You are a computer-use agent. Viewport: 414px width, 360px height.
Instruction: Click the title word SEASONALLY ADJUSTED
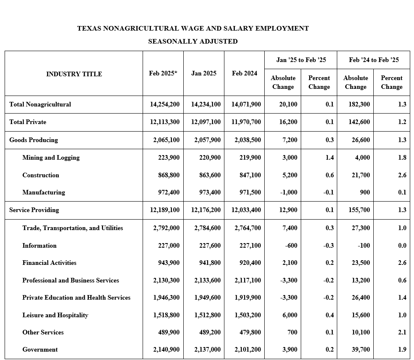click(193, 41)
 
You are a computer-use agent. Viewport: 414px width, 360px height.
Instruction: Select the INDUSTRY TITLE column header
click(74, 74)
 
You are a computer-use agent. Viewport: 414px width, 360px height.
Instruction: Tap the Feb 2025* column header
click(163, 73)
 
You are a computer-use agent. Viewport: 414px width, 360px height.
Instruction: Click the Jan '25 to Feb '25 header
click(301, 60)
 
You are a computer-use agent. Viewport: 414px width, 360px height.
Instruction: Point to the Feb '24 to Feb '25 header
click(374, 60)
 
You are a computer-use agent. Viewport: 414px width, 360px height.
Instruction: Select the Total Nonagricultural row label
click(40, 104)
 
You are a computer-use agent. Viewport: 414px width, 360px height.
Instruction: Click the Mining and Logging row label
click(51, 158)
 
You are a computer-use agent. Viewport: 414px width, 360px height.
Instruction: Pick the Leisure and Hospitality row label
click(55, 315)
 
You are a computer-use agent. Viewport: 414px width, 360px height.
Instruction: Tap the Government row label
click(40, 350)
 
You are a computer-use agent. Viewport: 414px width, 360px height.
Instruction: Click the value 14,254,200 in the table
click(164, 104)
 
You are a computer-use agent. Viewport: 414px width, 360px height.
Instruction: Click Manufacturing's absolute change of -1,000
click(289, 192)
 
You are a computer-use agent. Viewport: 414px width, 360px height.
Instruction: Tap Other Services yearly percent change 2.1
click(402, 332)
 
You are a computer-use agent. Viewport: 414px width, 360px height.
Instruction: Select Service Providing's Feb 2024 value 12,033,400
click(246, 210)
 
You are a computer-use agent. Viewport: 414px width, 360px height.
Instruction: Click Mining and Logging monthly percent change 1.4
click(329, 158)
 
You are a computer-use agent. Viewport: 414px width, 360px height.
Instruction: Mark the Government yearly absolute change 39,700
click(361, 350)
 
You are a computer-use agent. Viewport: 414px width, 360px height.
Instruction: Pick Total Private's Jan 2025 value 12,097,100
click(206, 122)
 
